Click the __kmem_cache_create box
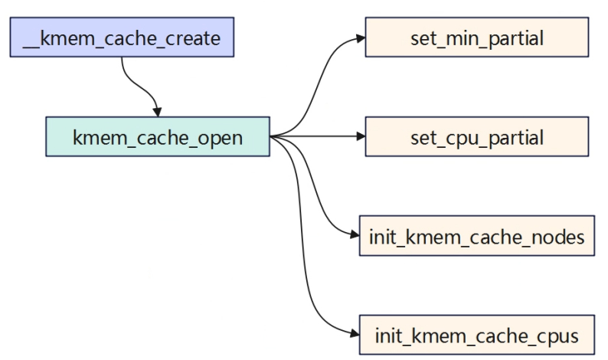click(122, 37)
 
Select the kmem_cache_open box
click(158, 136)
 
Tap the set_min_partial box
click(477, 37)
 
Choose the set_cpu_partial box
click(477, 136)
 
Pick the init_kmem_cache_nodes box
click(477, 236)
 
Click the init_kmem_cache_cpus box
click(477, 335)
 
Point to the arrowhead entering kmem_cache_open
click(157, 112)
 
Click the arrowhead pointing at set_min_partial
click(361, 38)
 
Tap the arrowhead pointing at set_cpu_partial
click(361, 136)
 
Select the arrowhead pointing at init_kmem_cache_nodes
click(355, 234)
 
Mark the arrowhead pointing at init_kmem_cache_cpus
click(355, 334)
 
